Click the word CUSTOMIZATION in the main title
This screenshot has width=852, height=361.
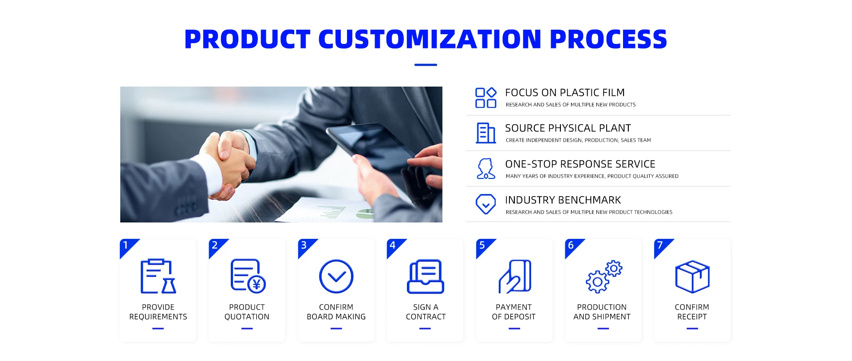[x=430, y=39]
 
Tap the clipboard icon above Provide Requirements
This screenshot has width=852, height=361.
[x=158, y=276]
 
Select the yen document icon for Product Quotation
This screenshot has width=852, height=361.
[x=248, y=276]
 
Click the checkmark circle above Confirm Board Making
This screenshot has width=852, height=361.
[x=336, y=276]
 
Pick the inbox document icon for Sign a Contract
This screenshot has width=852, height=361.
[x=426, y=276]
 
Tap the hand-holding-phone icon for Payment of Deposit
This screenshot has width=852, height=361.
[x=515, y=276]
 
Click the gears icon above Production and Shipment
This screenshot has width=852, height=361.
[x=604, y=276]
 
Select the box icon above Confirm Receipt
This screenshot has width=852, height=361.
[x=692, y=276]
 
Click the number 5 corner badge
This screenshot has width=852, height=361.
[x=484, y=247]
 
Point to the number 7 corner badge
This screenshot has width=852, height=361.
[x=662, y=247]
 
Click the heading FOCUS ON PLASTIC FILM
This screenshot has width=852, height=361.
[x=565, y=92]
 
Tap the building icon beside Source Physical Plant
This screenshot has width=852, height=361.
[x=486, y=133]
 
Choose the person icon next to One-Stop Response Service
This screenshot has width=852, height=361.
[x=486, y=169]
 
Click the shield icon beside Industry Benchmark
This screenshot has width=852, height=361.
[x=486, y=204]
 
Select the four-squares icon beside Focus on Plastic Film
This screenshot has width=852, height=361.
[x=486, y=98]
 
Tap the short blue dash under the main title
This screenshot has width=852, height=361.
[x=426, y=65]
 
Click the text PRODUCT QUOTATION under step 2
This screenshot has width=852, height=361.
[x=247, y=312]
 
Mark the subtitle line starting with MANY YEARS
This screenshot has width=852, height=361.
[x=592, y=176]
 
